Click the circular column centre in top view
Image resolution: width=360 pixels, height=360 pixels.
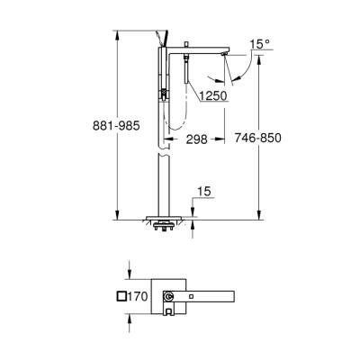[x=170, y=297]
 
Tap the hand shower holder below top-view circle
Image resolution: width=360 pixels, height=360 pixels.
[x=170, y=311]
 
